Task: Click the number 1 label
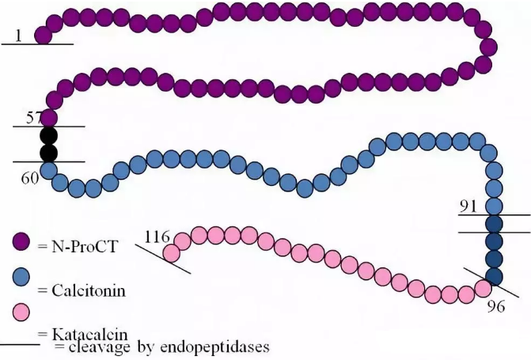pyautogui.click(x=18, y=36)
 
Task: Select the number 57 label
pyautogui.click(x=34, y=118)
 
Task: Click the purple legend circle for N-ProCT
pyautogui.click(x=21, y=242)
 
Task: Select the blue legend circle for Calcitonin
pyautogui.click(x=21, y=277)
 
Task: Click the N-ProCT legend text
pyautogui.click(x=83, y=248)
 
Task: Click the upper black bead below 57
pyautogui.click(x=49, y=135)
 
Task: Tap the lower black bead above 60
pyautogui.click(x=49, y=153)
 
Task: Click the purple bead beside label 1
pyautogui.click(x=44, y=35)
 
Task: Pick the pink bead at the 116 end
pyautogui.click(x=170, y=252)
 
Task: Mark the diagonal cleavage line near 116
pyautogui.click(x=162, y=259)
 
